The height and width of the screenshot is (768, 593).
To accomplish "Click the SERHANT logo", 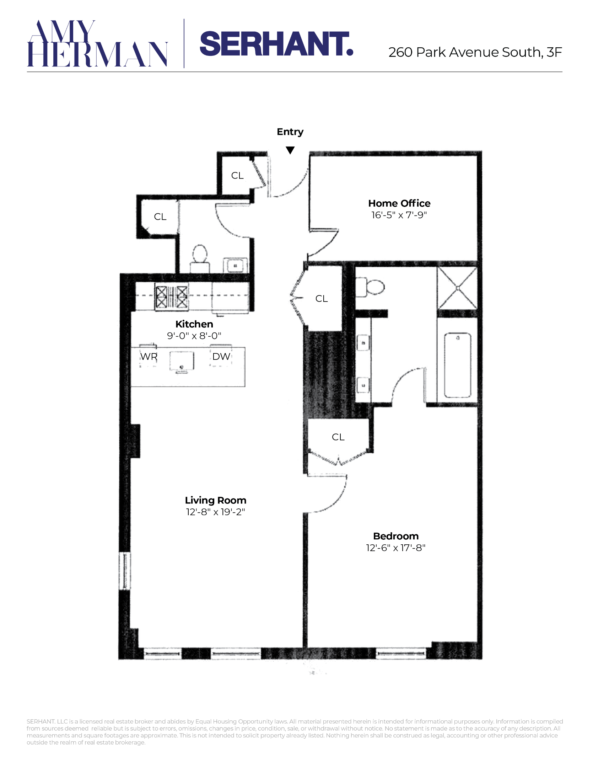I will (x=276, y=44).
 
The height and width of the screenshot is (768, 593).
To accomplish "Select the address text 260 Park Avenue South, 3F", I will (x=475, y=52).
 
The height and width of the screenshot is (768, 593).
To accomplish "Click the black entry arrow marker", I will (x=290, y=150).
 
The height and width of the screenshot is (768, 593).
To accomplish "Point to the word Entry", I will (x=290, y=132).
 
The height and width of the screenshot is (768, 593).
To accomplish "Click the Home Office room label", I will (x=399, y=203).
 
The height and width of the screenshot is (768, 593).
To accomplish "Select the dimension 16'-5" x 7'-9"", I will (x=399, y=215).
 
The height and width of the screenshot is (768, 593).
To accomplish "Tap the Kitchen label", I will (x=194, y=324).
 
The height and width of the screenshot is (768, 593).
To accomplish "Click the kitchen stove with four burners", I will (x=172, y=297).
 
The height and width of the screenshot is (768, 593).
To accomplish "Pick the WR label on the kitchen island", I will (x=149, y=356).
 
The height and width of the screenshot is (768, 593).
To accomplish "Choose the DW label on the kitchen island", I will (x=221, y=356).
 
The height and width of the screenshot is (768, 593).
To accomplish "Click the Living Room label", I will (x=216, y=500).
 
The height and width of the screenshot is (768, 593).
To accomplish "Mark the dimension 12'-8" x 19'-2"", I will (x=216, y=512).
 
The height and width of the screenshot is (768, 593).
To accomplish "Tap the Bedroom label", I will (x=396, y=536).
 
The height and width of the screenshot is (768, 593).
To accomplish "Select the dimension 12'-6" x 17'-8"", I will (x=396, y=548).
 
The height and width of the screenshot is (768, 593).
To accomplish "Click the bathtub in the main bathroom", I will (x=458, y=365).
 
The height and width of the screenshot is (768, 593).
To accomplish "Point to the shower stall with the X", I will (x=458, y=288).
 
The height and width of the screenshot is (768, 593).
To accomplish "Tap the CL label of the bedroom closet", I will (x=338, y=437).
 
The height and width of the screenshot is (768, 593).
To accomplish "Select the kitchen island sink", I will (x=182, y=362).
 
